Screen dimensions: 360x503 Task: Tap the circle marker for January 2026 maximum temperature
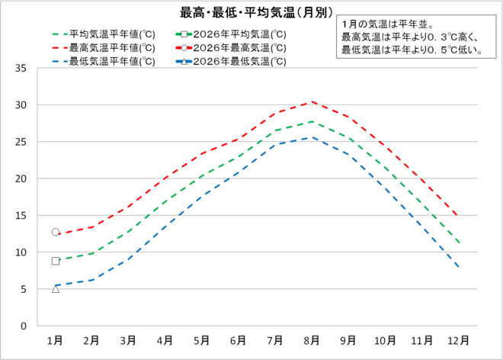56,232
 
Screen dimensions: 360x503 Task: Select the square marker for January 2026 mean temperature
56,261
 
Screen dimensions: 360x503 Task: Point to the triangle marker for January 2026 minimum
56,288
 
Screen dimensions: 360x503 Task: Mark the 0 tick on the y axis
24,326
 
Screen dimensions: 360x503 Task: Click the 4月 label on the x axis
164,339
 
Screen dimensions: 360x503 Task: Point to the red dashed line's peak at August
310,101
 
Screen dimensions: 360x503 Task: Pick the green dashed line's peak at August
310,121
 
